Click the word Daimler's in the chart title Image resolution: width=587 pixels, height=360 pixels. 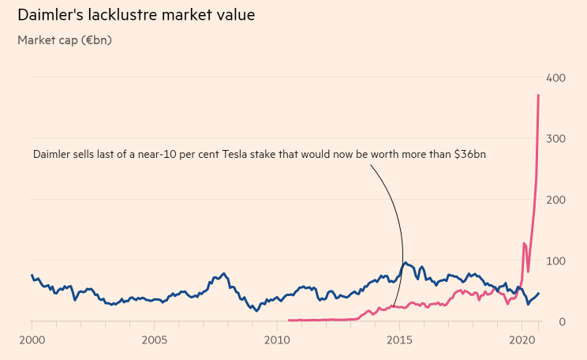coord(50,15)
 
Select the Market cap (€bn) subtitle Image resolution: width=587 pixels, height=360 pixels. coord(65,39)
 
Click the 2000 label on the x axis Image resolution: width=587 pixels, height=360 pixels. coord(32,340)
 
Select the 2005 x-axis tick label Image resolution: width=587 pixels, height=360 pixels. coord(154,340)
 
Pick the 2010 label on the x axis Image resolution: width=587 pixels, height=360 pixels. coord(277,340)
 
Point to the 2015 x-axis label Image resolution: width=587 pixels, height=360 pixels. coord(399,340)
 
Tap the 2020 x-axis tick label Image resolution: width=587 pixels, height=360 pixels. coord(522,340)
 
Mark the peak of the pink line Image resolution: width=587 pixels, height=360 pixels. coord(538,96)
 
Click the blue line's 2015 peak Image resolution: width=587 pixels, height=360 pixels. coord(406,263)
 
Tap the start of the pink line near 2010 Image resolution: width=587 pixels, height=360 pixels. coord(289,320)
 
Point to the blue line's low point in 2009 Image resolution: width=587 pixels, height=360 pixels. coord(256,311)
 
